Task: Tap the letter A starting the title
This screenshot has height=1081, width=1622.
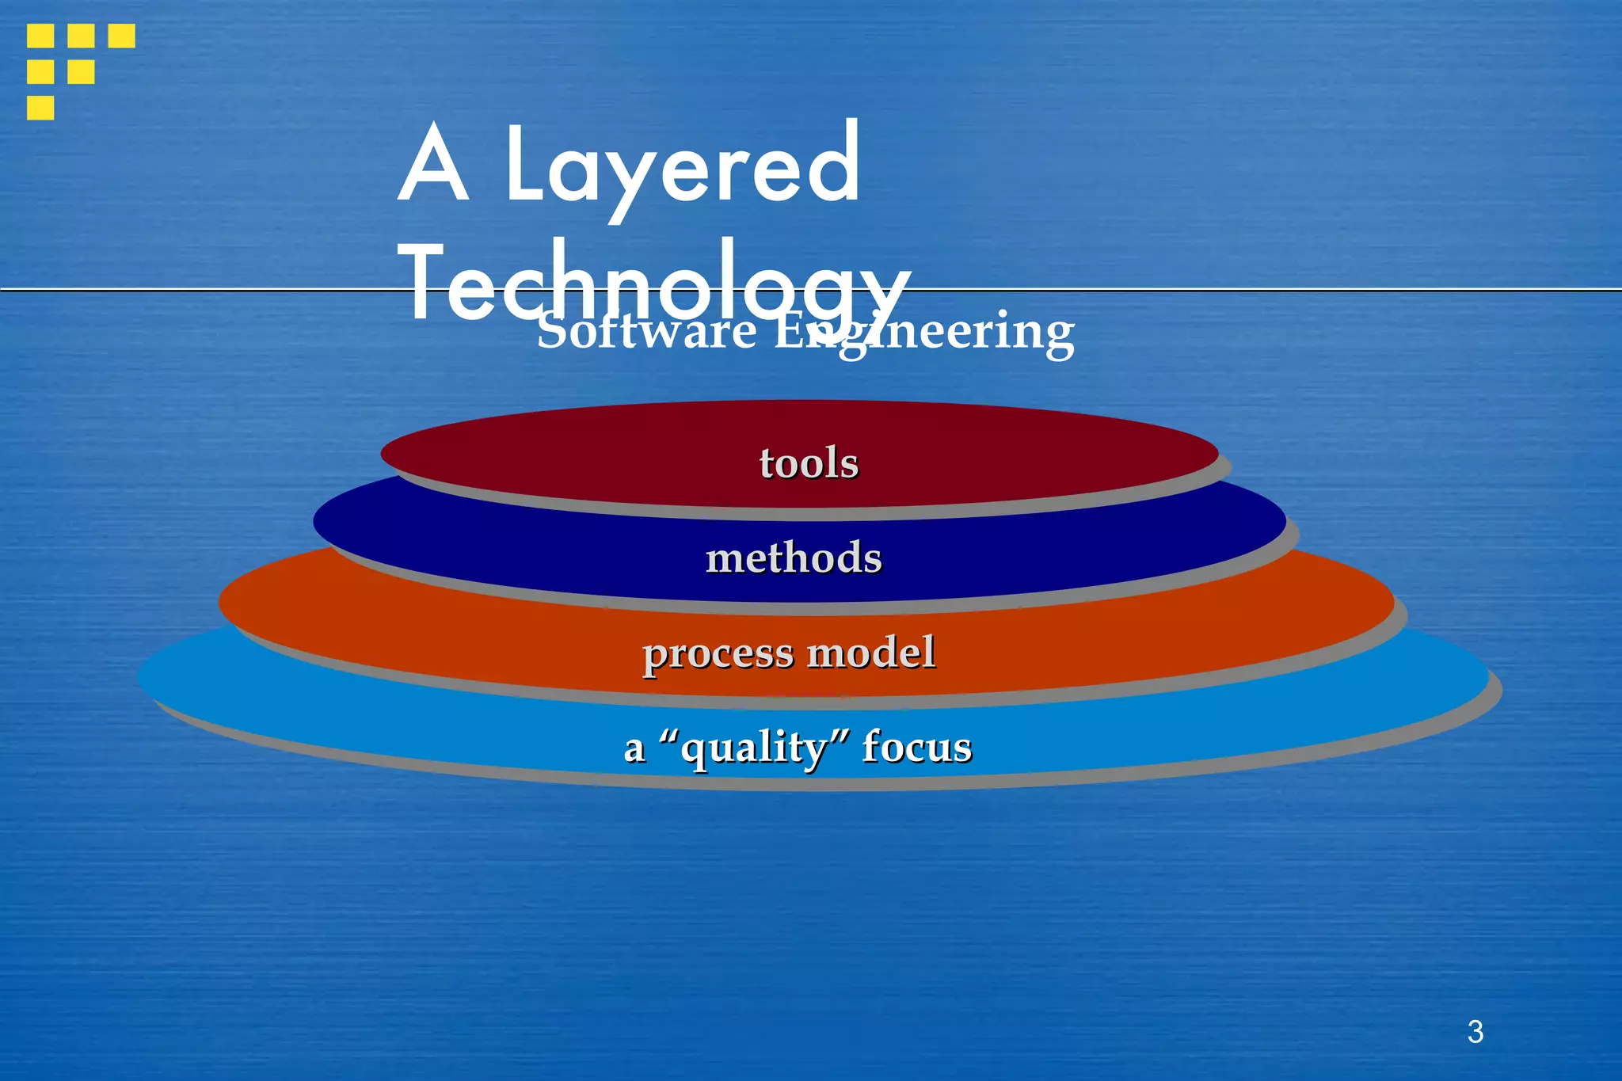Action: [432, 164]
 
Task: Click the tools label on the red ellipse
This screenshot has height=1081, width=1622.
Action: [809, 462]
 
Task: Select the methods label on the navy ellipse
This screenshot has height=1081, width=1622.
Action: [794, 558]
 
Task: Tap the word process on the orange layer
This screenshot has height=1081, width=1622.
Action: [718, 654]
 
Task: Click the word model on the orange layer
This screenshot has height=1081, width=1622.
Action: [871, 653]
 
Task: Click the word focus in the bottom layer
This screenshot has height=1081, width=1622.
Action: [917, 747]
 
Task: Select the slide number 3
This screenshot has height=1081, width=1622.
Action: [1475, 1032]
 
